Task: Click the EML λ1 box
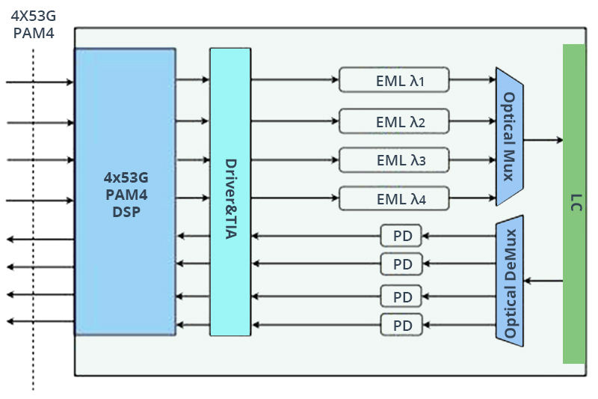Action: click(394, 79)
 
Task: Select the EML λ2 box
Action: click(394, 120)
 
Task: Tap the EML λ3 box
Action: click(394, 159)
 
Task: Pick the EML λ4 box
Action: click(394, 199)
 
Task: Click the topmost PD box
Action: click(401, 235)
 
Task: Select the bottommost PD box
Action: click(401, 324)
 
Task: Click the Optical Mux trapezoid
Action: click(508, 137)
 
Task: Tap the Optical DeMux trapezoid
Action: click(509, 282)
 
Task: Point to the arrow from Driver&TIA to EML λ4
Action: click(295, 199)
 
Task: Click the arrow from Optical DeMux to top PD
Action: click(459, 236)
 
